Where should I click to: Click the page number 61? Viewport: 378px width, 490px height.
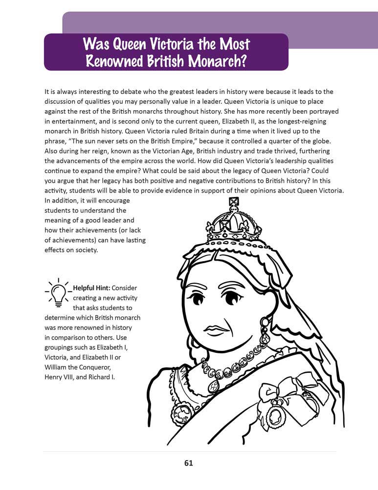[x=189, y=463]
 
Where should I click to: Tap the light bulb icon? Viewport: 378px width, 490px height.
[x=58, y=292]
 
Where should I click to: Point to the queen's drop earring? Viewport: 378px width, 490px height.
[x=265, y=333]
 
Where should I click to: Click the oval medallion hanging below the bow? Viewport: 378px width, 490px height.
[x=275, y=416]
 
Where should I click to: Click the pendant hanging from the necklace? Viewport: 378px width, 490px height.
[x=213, y=387]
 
